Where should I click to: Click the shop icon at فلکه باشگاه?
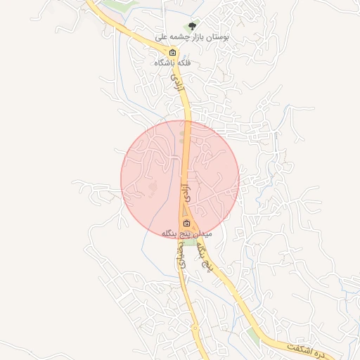point(172,53)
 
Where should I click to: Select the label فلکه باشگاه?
point(173,63)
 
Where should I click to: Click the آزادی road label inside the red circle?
point(186,188)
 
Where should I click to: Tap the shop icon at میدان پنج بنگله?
point(186,224)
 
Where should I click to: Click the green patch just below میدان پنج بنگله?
point(191,241)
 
